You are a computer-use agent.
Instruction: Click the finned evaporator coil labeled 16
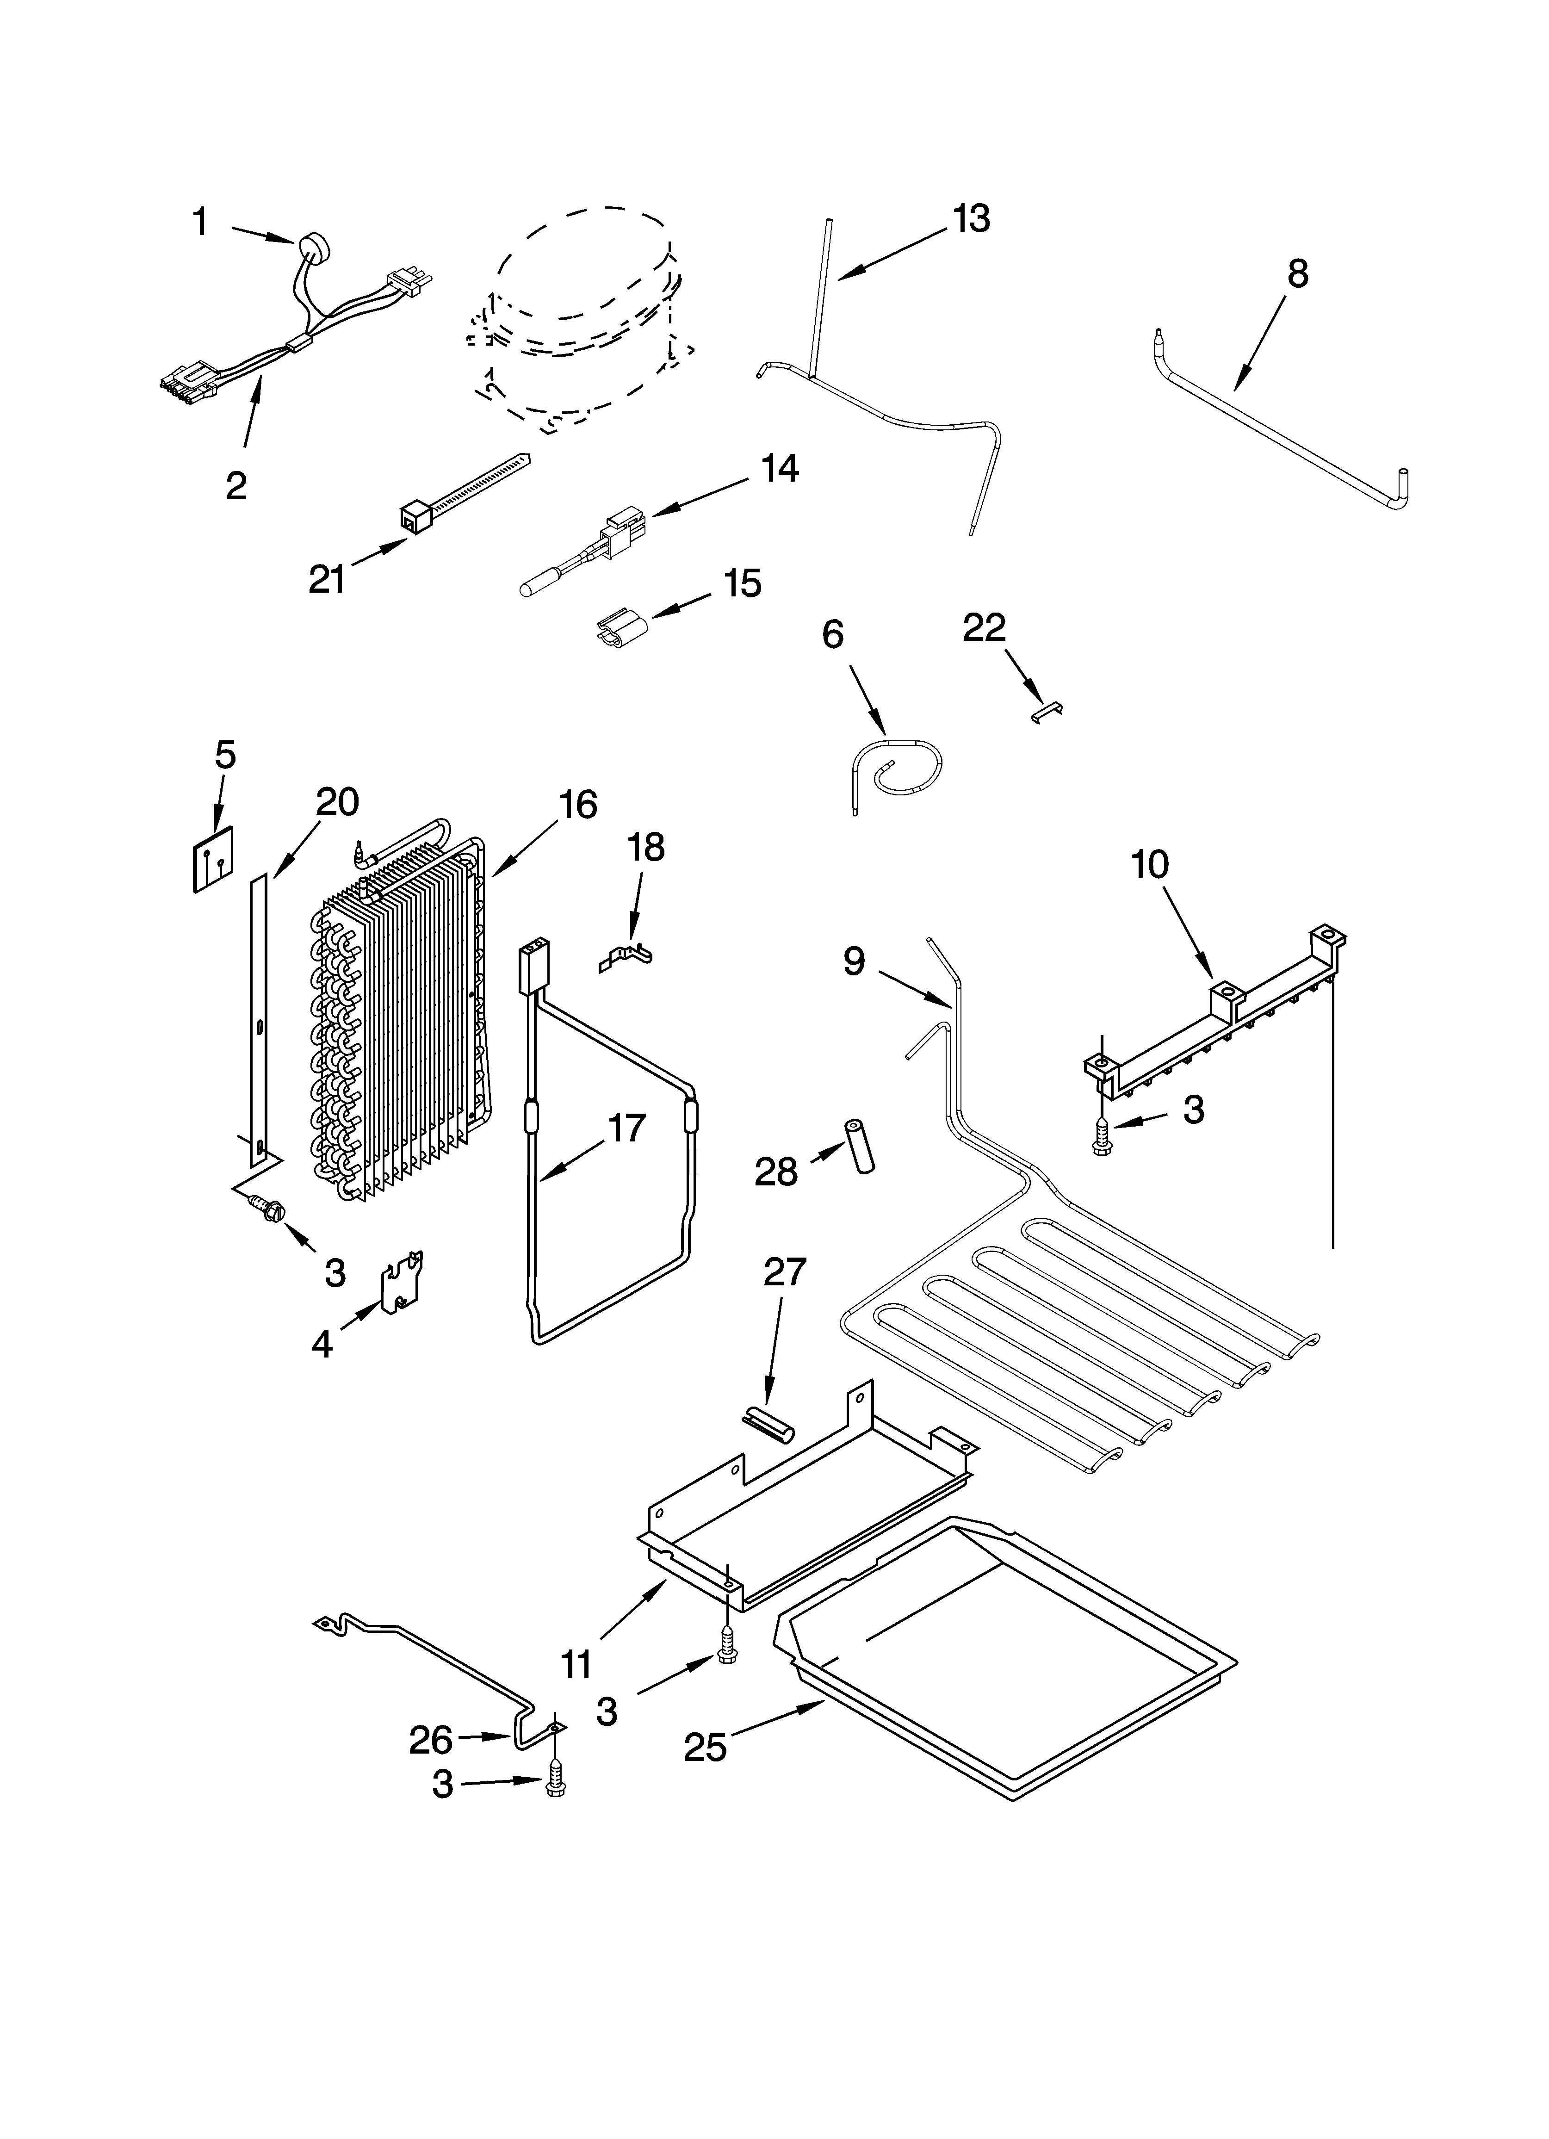point(396,1018)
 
